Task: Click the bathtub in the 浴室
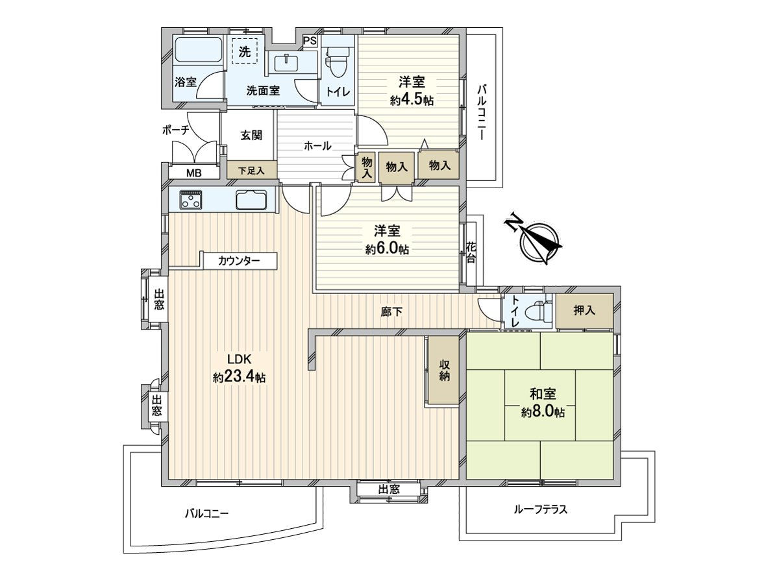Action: click(x=198, y=50)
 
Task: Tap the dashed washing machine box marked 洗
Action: click(x=245, y=51)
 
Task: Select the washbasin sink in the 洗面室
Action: click(x=287, y=62)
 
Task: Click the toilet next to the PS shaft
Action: click(x=336, y=63)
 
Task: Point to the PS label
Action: click(x=310, y=41)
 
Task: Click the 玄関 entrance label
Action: click(x=251, y=135)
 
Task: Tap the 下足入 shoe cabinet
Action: click(x=252, y=170)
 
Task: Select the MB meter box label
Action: click(x=193, y=173)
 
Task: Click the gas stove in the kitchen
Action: click(x=191, y=200)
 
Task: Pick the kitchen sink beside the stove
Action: click(x=251, y=200)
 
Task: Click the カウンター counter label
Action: click(x=239, y=262)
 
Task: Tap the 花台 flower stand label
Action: click(x=471, y=252)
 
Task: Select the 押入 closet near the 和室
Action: click(x=584, y=311)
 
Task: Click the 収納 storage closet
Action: click(x=443, y=369)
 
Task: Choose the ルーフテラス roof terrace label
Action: click(x=541, y=509)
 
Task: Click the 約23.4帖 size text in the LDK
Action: click(x=239, y=377)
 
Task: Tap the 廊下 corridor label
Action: click(x=392, y=311)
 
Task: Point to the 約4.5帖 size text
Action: click(x=412, y=101)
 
